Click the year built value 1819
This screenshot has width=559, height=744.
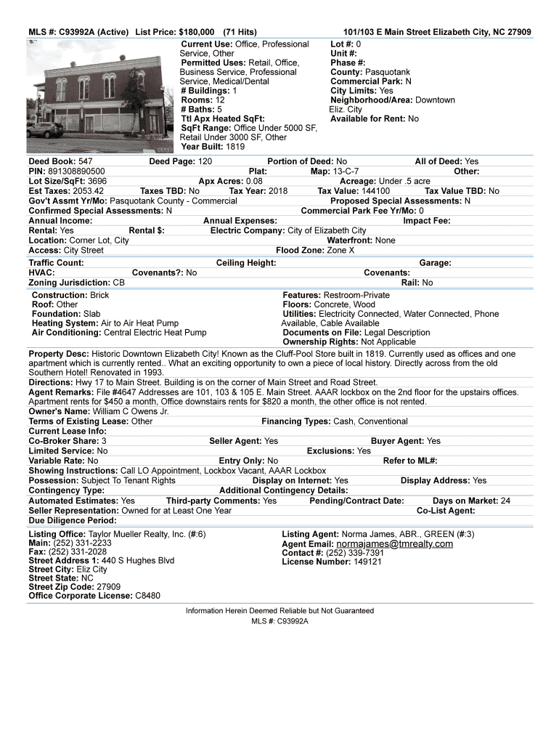tap(235, 147)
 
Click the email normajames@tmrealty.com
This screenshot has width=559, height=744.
tap(394, 544)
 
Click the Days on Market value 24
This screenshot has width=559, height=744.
tap(505, 501)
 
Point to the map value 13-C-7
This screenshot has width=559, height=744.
tap(346, 171)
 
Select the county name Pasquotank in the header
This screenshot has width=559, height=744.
tap(388, 73)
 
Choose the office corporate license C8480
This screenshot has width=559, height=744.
tap(147, 596)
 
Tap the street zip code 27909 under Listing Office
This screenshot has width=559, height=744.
tap(108, 587)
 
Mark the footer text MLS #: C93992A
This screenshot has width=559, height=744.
tap(279, 622)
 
